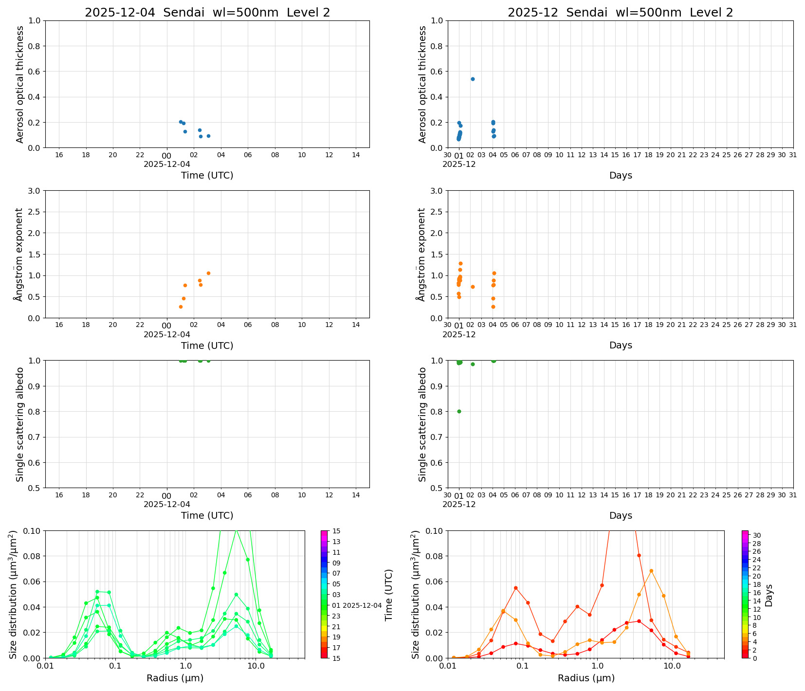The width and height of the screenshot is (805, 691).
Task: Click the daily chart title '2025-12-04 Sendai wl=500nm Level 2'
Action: (x=207, y=13)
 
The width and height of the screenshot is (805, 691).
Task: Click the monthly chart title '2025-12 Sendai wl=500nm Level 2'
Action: (x=620, y=13)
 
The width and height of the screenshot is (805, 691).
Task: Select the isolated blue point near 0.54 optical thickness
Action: (x=473, y=79)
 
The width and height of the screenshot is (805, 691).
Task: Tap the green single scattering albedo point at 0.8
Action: (x=459, y=411)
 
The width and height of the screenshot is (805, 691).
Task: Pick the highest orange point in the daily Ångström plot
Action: (x=208, y=273)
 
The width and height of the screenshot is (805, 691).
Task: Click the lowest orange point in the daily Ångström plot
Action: (x=181, y=307)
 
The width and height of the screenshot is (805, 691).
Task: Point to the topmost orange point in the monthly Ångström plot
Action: (x=460, y=263)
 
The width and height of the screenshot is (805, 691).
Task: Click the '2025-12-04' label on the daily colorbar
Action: (x=362, y=605)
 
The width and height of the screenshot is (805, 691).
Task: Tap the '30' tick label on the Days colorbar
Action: (x=757, y=535)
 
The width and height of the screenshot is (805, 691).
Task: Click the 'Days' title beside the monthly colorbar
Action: (x=769, y=595)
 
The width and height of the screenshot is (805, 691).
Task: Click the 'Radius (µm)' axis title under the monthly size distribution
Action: (x=586, y=678)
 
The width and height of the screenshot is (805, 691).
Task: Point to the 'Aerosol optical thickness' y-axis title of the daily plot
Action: (x=20, y=84)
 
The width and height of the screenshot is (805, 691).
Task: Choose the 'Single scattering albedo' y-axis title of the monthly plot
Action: (x=422, y=424)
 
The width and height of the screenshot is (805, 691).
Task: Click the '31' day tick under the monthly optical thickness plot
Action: (x=793, y=155)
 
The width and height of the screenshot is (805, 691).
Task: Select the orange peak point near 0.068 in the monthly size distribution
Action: (x=651, y=571)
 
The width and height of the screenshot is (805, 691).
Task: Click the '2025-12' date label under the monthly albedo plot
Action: (x=459, y=505)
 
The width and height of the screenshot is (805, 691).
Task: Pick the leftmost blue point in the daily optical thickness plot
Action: (x=181, y=122)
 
